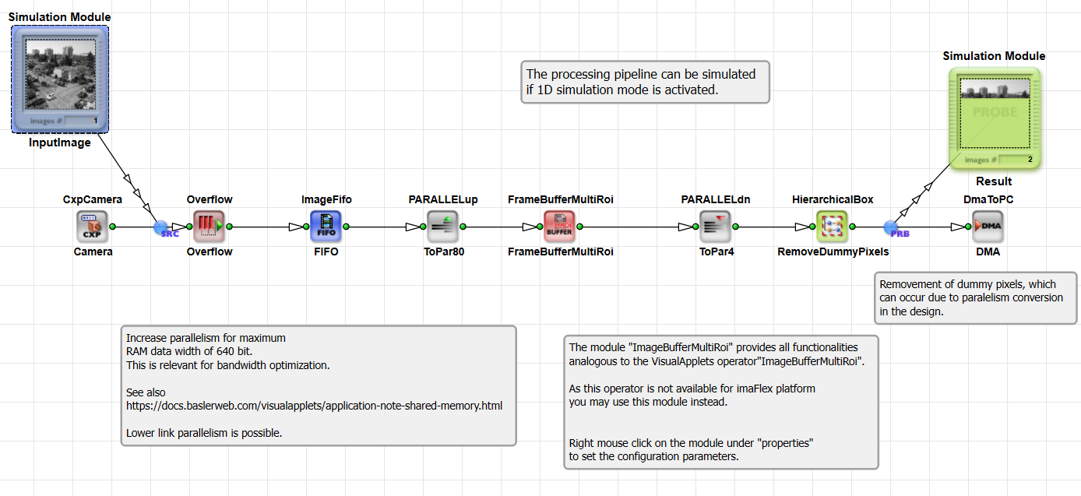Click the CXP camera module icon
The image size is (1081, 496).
pyautogui.click(x=92, y=227)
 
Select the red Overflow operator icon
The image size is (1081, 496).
pyautogui.click(x=209, y=227)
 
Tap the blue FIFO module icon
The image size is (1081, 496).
pyautogui.click(x=326, y=227)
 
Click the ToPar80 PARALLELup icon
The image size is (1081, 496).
pyautogui.click(x=442, y=227)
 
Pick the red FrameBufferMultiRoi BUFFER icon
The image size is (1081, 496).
pyautogui.click(x=559, y=227)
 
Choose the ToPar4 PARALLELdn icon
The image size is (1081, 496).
pyautogui.click(x=715, y=227)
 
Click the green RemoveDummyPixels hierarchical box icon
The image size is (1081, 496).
pyautogui.click(x=832, y=227)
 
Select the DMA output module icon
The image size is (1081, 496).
pyautogui.click(x=988, y=227)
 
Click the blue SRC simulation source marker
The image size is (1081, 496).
pyautogui.click(x=161, y=227)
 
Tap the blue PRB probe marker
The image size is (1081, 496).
pyautogui.click(x=891, y=227)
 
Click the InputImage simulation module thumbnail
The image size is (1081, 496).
pyautogui.click(x=60, y=79)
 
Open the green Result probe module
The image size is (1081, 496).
pyautogui.click(x=995, y=118)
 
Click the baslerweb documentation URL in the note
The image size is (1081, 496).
pyautogui.click(x=314, y=406)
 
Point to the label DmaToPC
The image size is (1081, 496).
pyautogui.click(x=988, y=199)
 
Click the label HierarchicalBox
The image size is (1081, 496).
pyautogui.click(x=833, y=199)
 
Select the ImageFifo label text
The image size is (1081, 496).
pyautogui.click(x=326, y=199)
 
